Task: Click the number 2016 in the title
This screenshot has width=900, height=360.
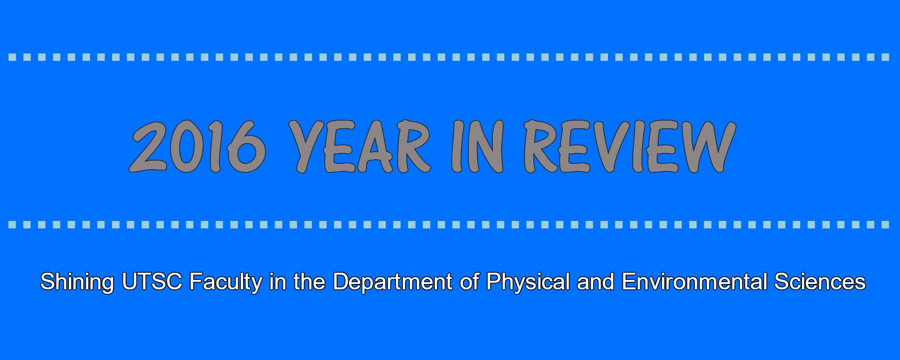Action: pos(198,147)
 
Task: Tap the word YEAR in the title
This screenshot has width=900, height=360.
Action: pos(359,147)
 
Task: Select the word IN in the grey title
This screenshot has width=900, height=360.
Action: pos(477,147)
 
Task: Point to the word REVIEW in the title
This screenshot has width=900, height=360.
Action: pos(630,147)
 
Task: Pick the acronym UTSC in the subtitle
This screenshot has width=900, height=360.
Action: pos(152,282)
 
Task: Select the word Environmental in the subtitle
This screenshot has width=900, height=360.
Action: pos(694,282)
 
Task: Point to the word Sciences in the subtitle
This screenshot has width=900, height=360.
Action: pos(820,282)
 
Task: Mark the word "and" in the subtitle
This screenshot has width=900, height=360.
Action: pos(595,282)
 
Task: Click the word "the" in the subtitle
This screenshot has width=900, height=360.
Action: pos(309,282)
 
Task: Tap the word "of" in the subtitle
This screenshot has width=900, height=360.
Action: pos(469,282)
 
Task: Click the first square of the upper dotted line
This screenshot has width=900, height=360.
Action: pos(13,57)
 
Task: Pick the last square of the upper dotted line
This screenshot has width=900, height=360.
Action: pos(886,57)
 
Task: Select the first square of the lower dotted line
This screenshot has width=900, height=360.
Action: pos(13,225)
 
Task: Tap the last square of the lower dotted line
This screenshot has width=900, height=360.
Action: pos(886,225)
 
